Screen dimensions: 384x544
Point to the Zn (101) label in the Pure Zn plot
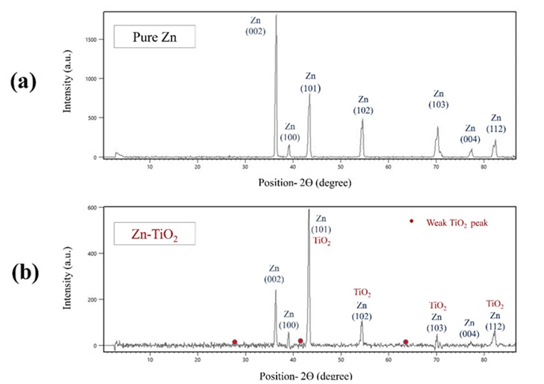[x=311, y=82]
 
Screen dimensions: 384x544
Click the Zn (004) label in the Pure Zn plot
[x=469, y=134]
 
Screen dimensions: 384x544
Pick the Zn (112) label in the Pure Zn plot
[x=497, y=123]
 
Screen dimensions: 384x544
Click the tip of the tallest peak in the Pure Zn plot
[x=276, y=15]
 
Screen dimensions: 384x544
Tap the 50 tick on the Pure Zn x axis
[x=340, y=166]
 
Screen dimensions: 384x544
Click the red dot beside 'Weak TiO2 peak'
[x=411, y=222]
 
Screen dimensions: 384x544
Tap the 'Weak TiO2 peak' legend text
[x=457, y=222]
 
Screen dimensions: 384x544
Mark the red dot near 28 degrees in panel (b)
[x=235, y=342]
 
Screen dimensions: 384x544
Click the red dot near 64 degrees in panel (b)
[x=406, y=342]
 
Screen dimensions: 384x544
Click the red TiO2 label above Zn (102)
[x=362, y=293]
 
